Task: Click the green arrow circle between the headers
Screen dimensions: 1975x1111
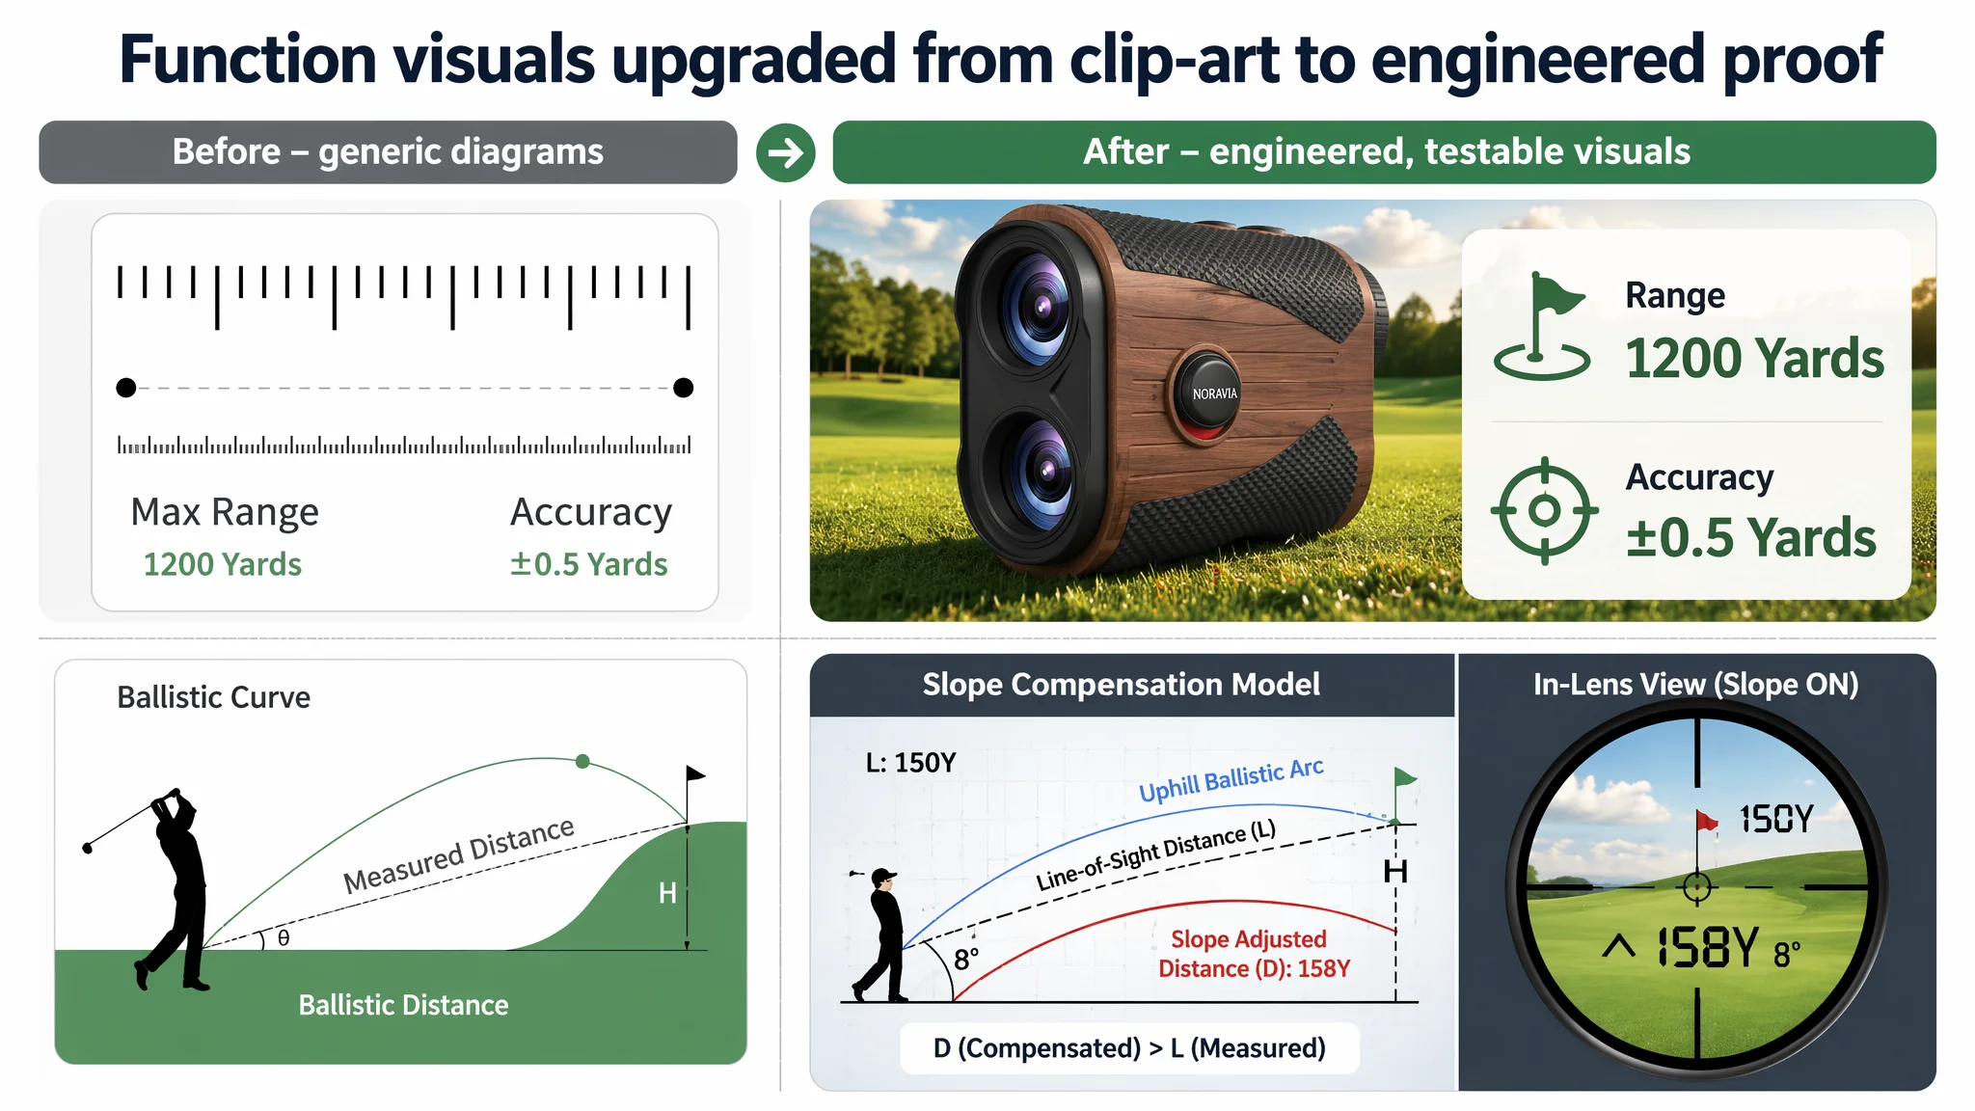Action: pos(785,152)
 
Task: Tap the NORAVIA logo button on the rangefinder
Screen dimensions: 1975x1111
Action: pos(1214,393)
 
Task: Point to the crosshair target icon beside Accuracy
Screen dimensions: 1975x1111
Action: pos(1544,510)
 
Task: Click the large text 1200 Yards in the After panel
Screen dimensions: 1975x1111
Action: pos(1754,359)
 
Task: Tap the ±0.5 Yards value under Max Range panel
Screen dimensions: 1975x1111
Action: pos(588,564)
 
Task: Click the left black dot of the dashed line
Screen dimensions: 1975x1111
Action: pos(125,388)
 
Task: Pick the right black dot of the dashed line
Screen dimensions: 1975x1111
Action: pos(683,388)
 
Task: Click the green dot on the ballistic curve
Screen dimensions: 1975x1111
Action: pos(582,762)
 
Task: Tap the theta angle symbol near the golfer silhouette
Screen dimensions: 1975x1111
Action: pos(284,937)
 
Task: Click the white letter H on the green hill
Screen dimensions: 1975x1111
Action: pos(666,893)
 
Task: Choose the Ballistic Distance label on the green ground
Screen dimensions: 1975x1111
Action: pos(403,1005)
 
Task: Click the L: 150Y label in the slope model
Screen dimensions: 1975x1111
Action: pos(910,763)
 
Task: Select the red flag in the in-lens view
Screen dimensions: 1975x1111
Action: pos(1706,821)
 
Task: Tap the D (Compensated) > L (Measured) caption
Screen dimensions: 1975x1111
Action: pos(1129,1048)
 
